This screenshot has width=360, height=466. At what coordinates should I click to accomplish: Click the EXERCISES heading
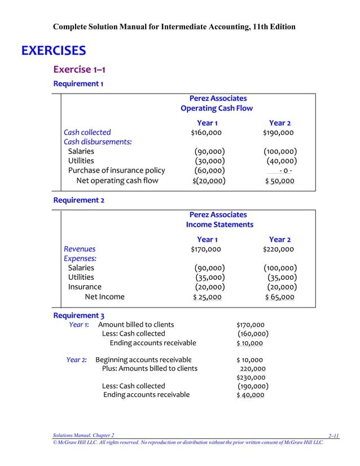[x=54, y=51]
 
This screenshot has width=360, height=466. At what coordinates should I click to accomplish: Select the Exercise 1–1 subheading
[x=79, y=69]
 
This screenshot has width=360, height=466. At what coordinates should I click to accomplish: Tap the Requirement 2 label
[x=78, y=200]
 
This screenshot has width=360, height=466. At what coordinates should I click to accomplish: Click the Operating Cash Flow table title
[x=217, y=108]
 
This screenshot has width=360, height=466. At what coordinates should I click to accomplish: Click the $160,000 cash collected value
[x=206, y=133]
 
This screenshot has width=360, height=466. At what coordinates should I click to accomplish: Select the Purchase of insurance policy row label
[x=116, y=170]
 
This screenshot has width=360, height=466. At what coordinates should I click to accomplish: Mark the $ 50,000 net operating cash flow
[x=279, y=181]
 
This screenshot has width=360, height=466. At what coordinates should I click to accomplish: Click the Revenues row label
[x=80, y=249]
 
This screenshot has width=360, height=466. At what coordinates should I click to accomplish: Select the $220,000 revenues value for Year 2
[x=278, y=249]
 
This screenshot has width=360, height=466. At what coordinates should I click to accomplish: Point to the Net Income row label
[x=104, y=297]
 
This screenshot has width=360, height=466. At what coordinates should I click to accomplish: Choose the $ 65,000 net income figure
[x=279, y=297]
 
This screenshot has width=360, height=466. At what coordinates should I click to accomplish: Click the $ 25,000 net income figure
[x=207, y=297]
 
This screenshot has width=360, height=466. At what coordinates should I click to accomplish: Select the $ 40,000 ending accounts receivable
[x=250, y=395]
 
